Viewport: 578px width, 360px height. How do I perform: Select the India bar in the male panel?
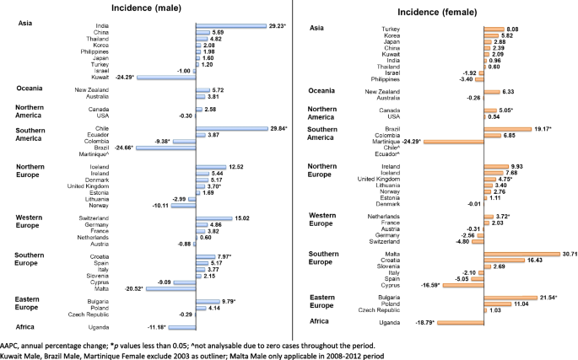[230, 26]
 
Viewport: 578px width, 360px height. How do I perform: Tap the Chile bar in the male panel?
[231, 128]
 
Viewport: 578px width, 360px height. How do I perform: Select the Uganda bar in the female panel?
[467, 323]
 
